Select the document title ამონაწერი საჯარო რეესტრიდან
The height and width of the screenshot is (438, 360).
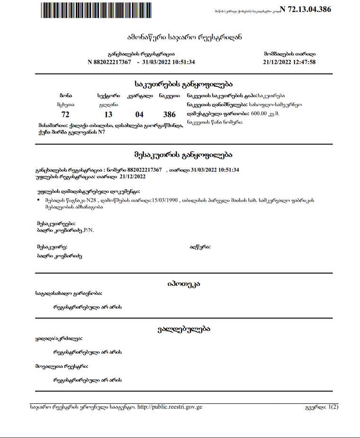[x=184, y=37]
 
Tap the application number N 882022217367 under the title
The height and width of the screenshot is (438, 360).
[x=109, y=62]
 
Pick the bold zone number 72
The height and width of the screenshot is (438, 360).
[x=65, y=115]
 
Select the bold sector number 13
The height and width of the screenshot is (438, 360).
[x=108, y=115]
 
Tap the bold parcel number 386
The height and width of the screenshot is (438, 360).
[x=169, y=115]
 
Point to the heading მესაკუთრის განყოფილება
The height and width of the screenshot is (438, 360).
[x=183, y=155]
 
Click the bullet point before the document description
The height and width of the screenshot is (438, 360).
[x=38, y=201]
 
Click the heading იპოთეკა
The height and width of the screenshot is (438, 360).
[x=184, y=284]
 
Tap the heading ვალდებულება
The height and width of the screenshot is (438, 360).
[x=183, y=328]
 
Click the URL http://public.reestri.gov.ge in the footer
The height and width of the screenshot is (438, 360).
[x=170, y=407]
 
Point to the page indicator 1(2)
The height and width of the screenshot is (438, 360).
[x=333, y=407]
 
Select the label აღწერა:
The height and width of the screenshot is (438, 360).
[x=200, y=247]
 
